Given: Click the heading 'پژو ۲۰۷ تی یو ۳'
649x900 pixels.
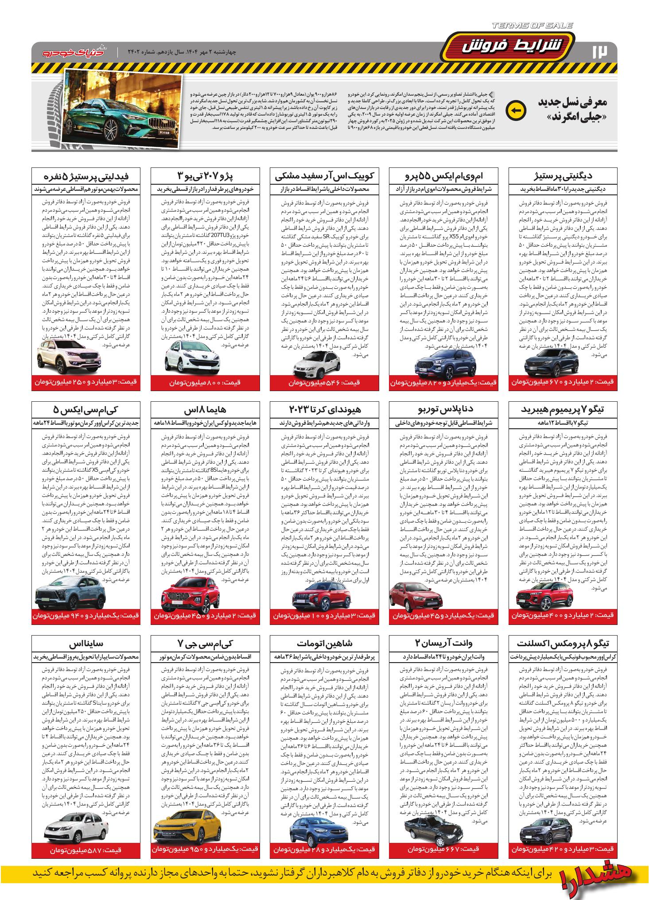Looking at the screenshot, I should point(202,175).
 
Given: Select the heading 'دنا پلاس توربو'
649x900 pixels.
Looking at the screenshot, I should point(443,409).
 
